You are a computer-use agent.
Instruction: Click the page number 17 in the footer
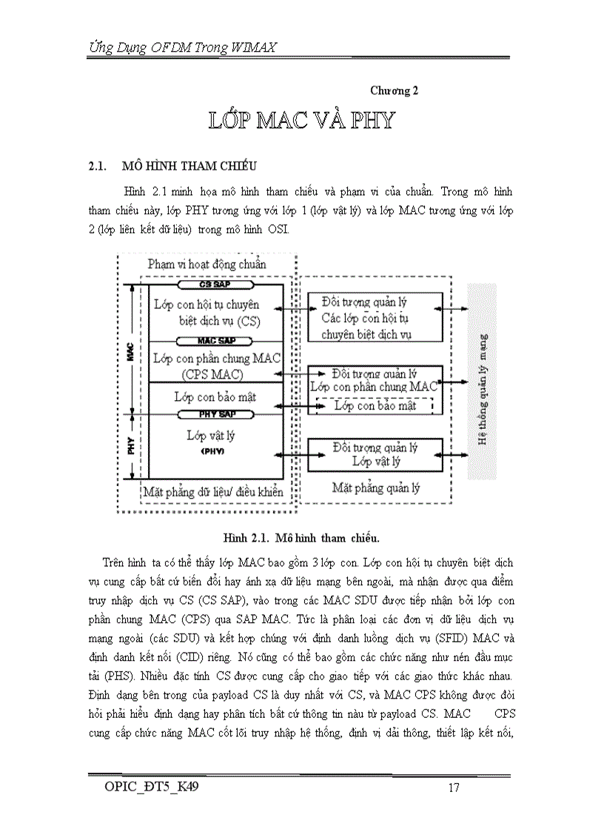coord(454,788)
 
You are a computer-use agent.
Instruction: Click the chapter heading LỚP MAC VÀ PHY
coord(301,121)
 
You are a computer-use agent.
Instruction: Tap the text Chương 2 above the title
coord(395,90)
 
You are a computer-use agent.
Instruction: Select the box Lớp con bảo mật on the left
coord(215,397)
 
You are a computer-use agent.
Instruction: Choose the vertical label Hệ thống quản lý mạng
coord(482,389)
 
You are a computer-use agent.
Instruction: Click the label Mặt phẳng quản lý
coord(375,488)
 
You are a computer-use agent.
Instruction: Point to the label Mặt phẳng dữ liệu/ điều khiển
coord(213,490)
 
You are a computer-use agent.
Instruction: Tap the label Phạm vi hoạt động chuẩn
coord(207,264)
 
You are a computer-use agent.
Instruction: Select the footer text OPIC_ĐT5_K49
coord(151,787)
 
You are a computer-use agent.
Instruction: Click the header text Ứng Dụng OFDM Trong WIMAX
coord(178,48)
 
